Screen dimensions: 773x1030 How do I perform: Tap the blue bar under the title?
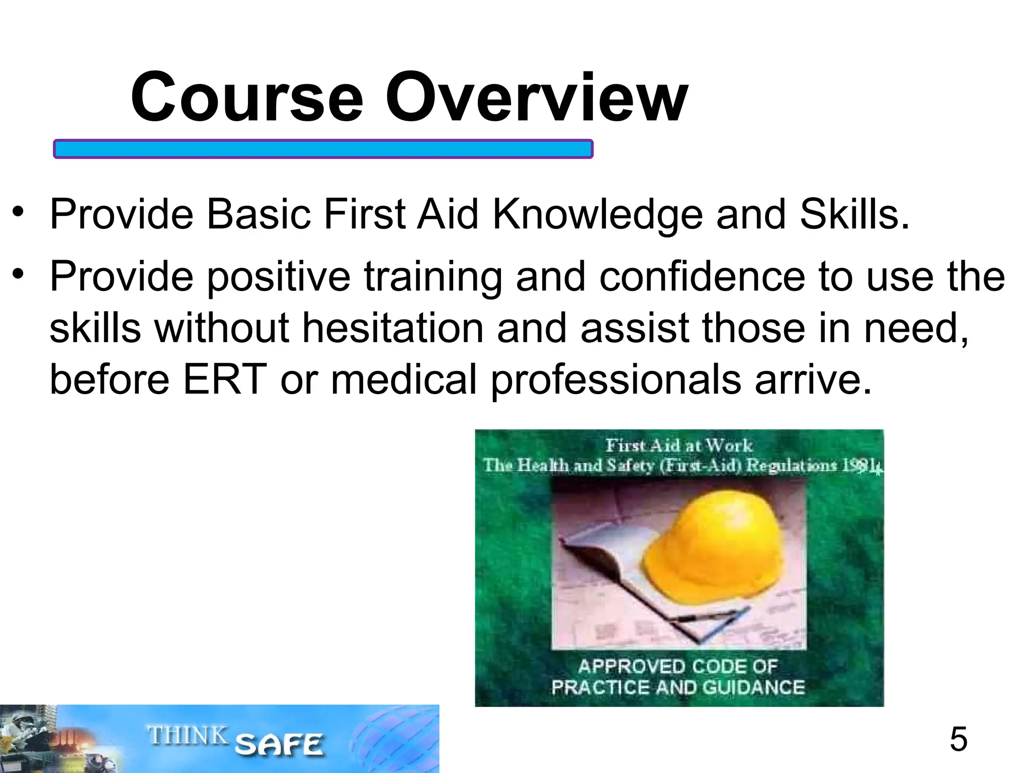[x=323, y=149]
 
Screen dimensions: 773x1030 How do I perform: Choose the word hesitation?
[x=393, y=328]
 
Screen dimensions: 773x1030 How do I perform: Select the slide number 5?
[x=958, y=739]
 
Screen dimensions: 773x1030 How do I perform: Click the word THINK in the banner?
[x=187, y=736]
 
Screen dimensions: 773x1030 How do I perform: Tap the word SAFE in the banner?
[x=279, y=745]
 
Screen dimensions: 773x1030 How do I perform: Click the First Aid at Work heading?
[x=678, y=445]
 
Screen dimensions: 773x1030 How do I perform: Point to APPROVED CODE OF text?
[x=677, y=666]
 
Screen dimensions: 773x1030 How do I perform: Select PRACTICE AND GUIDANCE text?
[x=677, y=687]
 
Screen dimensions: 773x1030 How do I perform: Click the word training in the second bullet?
[x=433, y=278]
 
